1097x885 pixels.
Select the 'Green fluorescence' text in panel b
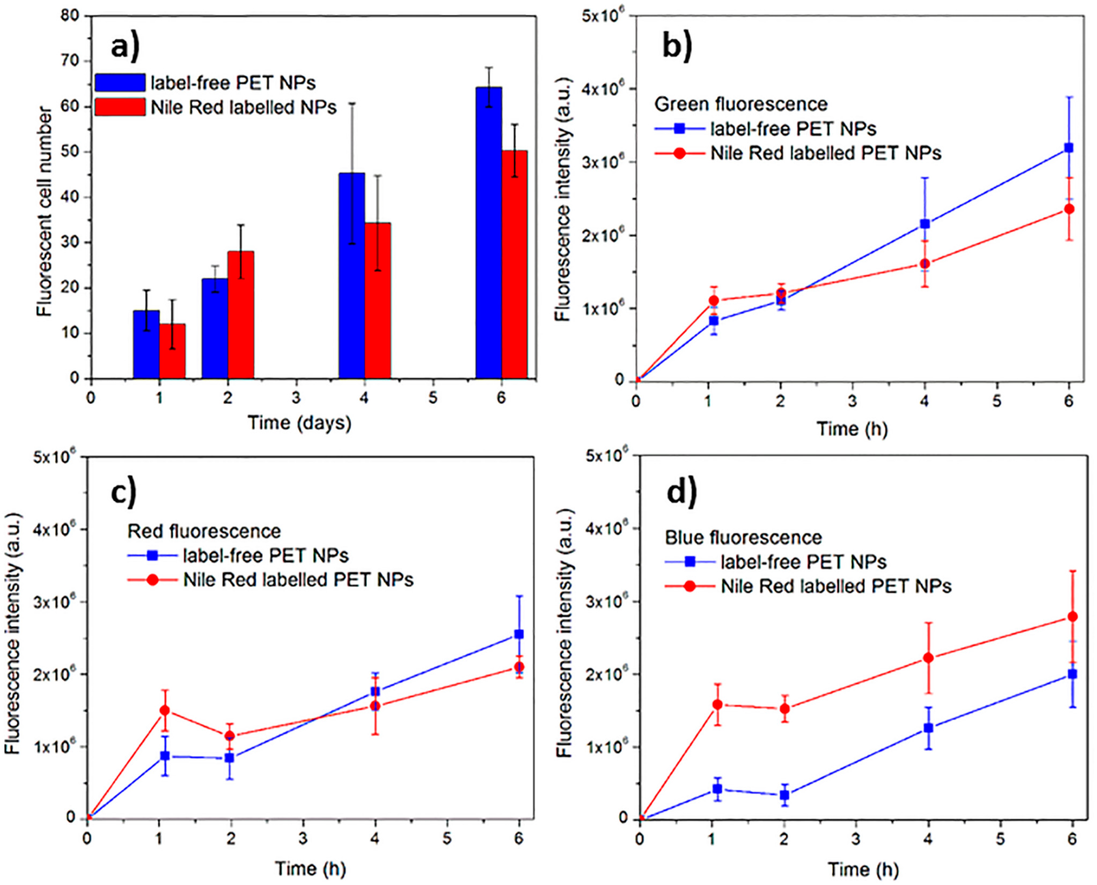tap(741, 104)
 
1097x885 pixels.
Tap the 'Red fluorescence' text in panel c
tap(204, 531)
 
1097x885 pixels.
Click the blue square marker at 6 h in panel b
tap(1069, 148)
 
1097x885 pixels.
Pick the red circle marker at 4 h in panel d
tap(928, 658)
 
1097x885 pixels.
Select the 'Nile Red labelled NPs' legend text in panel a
tap(244, 108)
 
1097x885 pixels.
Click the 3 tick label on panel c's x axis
tap(303, 839)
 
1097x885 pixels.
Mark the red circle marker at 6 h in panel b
tap(1069, 209)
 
